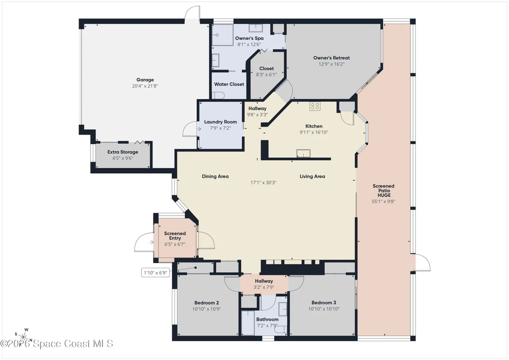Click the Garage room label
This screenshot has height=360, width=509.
pos(145,79)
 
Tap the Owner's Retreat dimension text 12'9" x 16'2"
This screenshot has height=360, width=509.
pos(331,64)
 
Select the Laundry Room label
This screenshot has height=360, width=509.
pos(221,122)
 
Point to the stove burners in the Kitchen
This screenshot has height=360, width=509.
pos(315,106)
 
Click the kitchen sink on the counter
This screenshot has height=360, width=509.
pos(304,153)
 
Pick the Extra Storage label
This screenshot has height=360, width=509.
pos(123,152)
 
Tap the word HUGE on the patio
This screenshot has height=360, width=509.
pos(384,195)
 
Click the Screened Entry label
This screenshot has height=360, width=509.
pos(175,236)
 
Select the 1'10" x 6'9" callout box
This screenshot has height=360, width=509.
pos(155,273)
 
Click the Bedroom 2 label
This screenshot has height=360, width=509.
pos(206,303)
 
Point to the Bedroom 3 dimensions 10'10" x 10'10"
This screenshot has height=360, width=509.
pos(324,309)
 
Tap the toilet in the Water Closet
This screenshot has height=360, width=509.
pos(218,95)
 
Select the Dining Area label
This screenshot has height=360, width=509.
pos(215,176)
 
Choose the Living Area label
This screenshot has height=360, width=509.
pos(312,176)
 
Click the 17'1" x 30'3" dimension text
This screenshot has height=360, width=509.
pos(263,182)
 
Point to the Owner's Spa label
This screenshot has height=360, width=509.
pos(249,38)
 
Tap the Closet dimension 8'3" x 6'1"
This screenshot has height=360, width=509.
pos(266,75)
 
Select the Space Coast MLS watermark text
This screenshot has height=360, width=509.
pos(57,343)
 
